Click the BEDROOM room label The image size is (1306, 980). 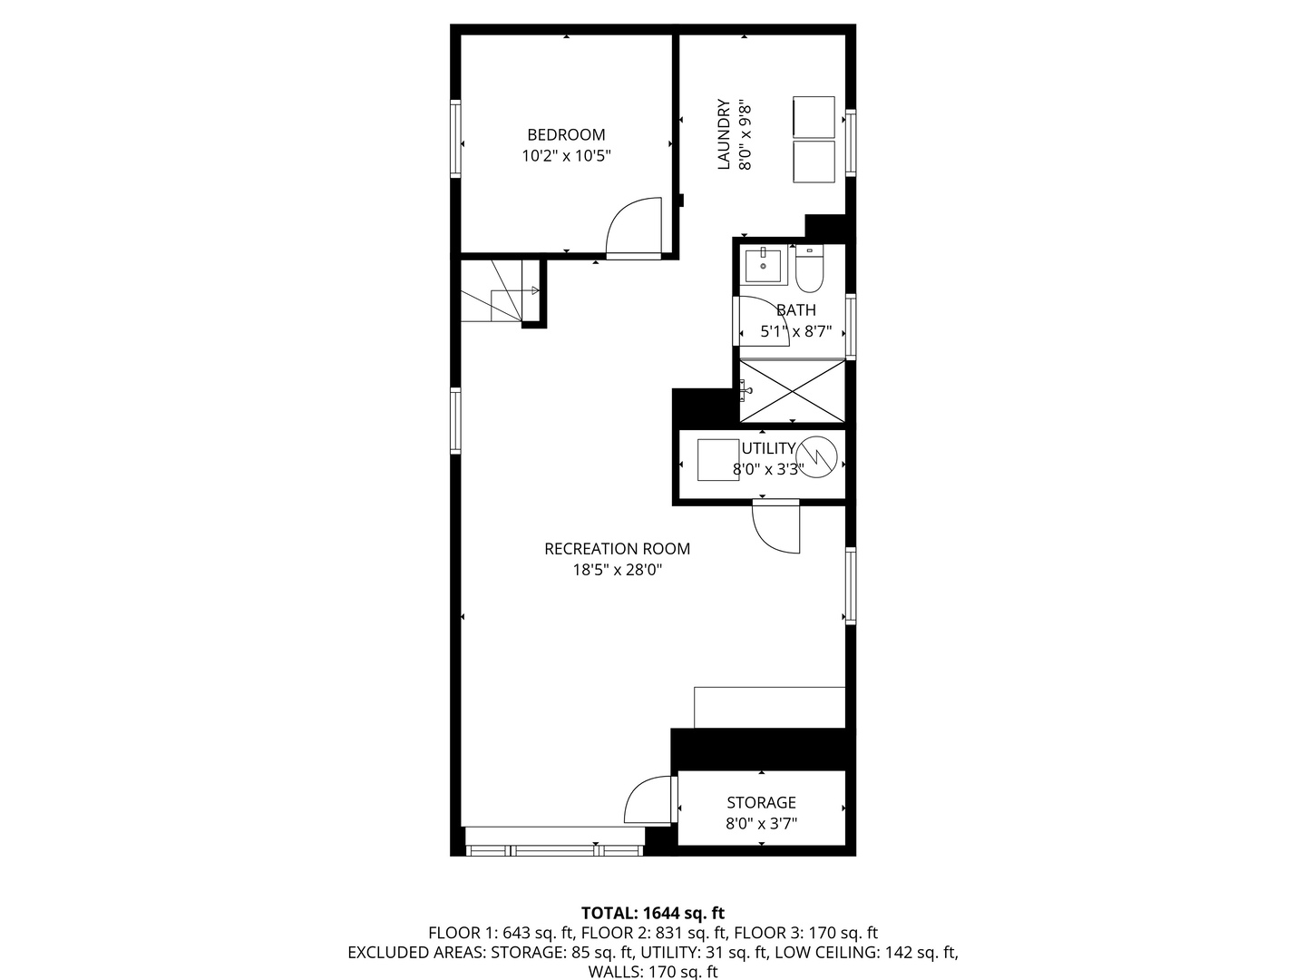pos(566,134)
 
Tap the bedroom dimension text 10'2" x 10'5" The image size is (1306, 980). pos(566,156)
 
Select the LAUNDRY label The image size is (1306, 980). pos(724,134)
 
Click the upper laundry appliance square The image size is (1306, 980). pos(814,116)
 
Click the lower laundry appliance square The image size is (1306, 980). pos(814,161)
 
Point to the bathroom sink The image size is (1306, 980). pos(762,265)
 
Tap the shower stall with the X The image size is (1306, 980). pos(792,391)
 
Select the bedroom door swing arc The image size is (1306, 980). pos(630,227)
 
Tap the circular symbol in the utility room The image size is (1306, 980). pos(816,456)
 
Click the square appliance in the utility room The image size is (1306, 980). pos(718,459)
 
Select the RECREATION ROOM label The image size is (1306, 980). pos(617,549)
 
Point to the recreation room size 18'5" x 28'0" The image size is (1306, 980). pos(617,571)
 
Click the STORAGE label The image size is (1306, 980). pos(761,802)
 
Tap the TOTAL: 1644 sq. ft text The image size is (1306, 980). pos(653,913)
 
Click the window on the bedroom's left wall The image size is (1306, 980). pos(455,138)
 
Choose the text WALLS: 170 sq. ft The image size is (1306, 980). pos(653,972)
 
